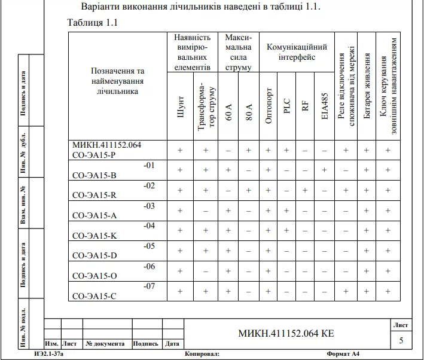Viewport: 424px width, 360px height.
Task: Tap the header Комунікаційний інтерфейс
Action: pyautogui.click(x=297, y=52)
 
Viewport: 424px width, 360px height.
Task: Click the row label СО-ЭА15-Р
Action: pyautogui.click(x=94, y=155)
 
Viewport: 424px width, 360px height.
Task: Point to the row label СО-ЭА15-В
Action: pyautogui.click(x=94, y=175)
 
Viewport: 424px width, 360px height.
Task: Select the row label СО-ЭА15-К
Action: pyautogui.click(x=94, y=235)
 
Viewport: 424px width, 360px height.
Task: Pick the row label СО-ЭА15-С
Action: pyautogui.click(x=94, y=295)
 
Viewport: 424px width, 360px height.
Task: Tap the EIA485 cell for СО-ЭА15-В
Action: pyautogui.click(x=324, y=170)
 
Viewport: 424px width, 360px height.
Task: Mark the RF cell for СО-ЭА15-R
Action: pyautogui.click(x=305, y=190)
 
